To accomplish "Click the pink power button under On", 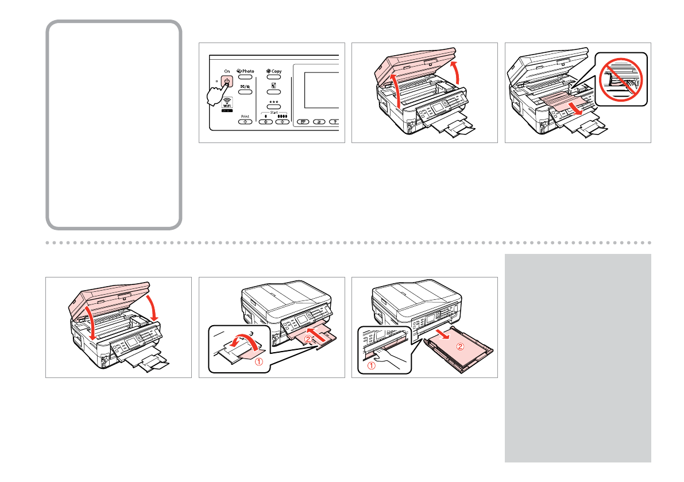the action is (228, 81).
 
